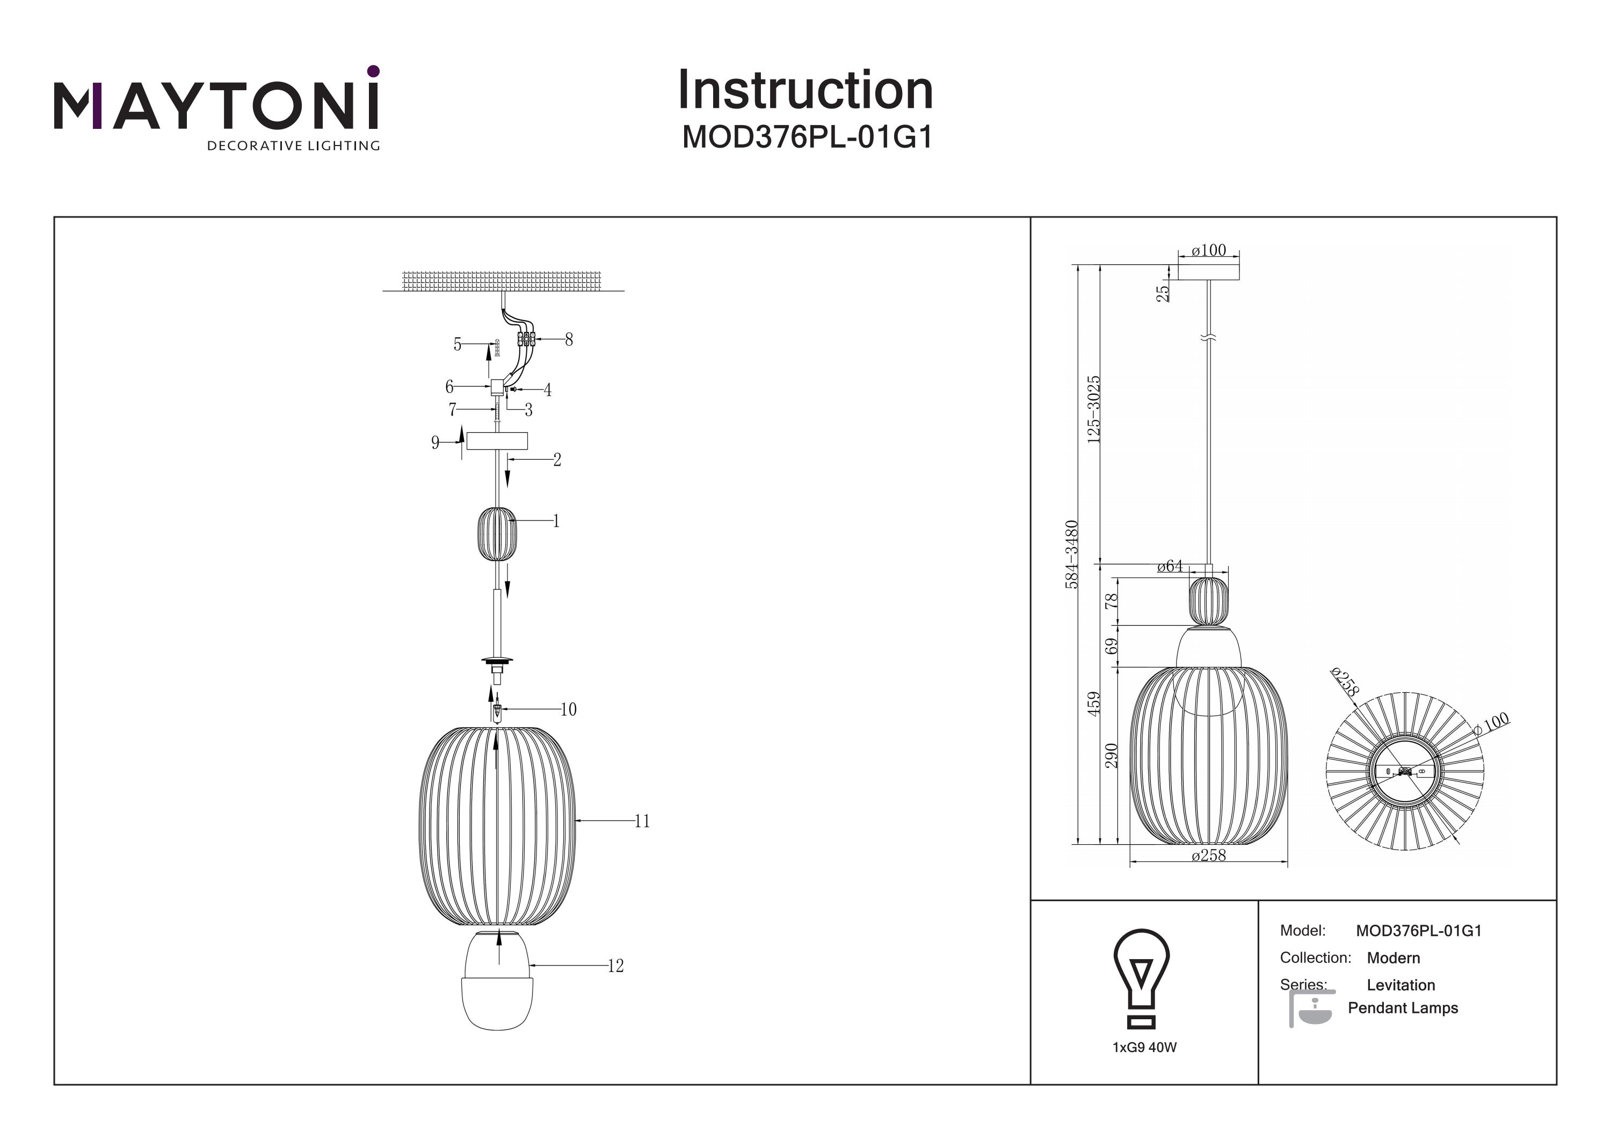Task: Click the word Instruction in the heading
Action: click(x=805, y=91)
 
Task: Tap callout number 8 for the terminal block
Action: click(x=568, y=340)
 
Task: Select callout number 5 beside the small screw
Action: click(x=458, y=345)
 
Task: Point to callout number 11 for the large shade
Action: click(x=642, y=821)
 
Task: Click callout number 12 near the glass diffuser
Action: click(x=615, y=967)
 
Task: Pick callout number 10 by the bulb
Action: click(x=568, y=709)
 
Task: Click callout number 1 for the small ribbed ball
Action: click(x=556, y=521)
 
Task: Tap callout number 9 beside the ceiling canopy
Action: click(x=435, y=443)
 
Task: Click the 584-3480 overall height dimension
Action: click(x=1071, y=554)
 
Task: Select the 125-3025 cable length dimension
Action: click(x=1093, y=409)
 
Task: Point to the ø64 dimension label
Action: click(x=1170, y=567)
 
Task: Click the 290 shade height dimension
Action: click(x=1112, y=756)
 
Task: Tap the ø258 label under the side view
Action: click(x=1208, y=855)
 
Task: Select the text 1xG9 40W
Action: click(x=1144, y=1047)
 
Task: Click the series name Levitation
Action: click(x=1400, y=985)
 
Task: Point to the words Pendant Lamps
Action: click(x=1403, y=1009)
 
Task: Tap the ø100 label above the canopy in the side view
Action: click(x=1208, y=251)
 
